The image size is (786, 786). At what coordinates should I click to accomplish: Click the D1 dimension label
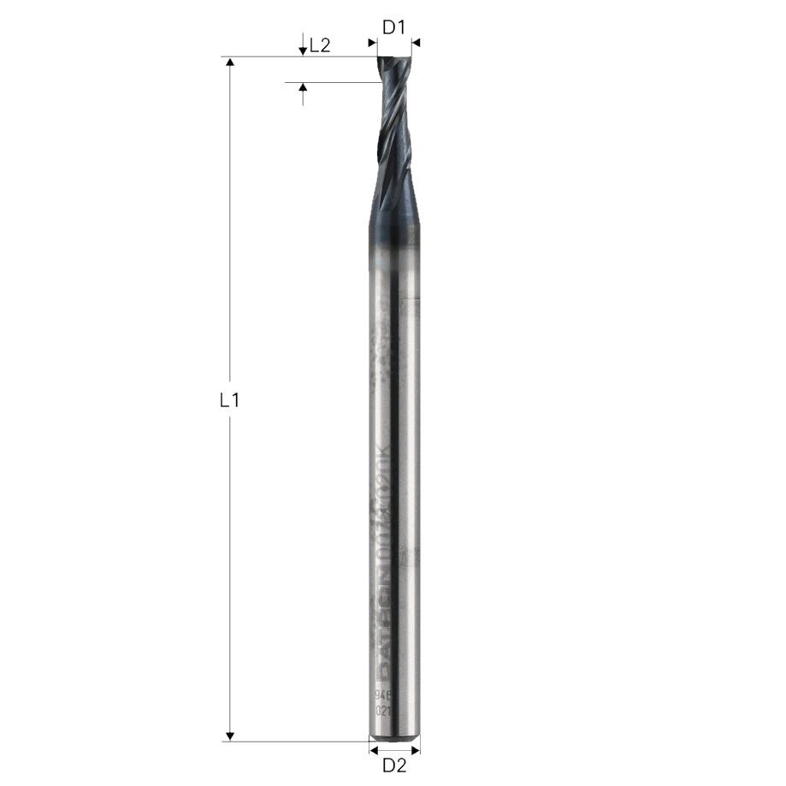coord(393,27)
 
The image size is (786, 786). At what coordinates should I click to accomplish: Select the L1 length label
coord(229,399)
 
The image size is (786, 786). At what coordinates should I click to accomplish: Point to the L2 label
coord(320,46)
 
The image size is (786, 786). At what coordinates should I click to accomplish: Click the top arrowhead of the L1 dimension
coord(229,62)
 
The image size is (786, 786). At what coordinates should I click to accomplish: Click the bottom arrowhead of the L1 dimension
coord(229,736)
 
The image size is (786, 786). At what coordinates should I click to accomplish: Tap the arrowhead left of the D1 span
coord(372,42)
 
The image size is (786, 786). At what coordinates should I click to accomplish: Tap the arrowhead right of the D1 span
coord(417,42)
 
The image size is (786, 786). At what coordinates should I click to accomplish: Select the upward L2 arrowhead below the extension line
coord(302,88)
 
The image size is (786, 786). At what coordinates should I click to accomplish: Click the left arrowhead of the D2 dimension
coord(373,749)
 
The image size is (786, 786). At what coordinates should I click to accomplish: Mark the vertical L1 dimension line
coord(229,257)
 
